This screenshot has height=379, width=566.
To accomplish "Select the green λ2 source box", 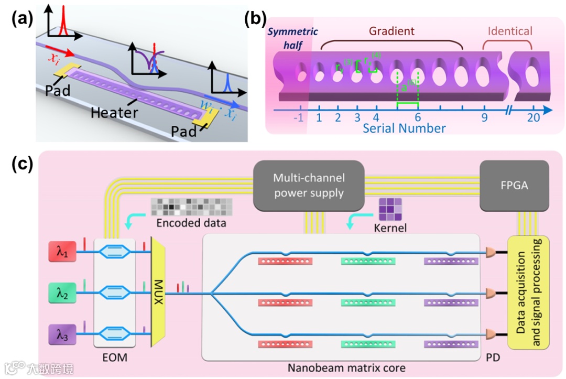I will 62,292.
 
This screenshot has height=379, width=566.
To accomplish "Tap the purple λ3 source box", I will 62,332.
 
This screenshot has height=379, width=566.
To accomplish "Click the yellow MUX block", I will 158,291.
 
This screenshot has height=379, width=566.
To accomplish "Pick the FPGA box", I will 514,185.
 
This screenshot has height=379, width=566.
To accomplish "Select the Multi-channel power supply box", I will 309,185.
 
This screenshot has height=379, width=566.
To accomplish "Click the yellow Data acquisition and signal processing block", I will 528,293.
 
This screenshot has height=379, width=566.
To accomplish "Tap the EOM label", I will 115,358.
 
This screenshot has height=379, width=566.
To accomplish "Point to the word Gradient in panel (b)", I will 391,31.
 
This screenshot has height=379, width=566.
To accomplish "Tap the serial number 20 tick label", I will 534,118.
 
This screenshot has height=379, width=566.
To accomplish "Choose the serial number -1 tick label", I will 298,118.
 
